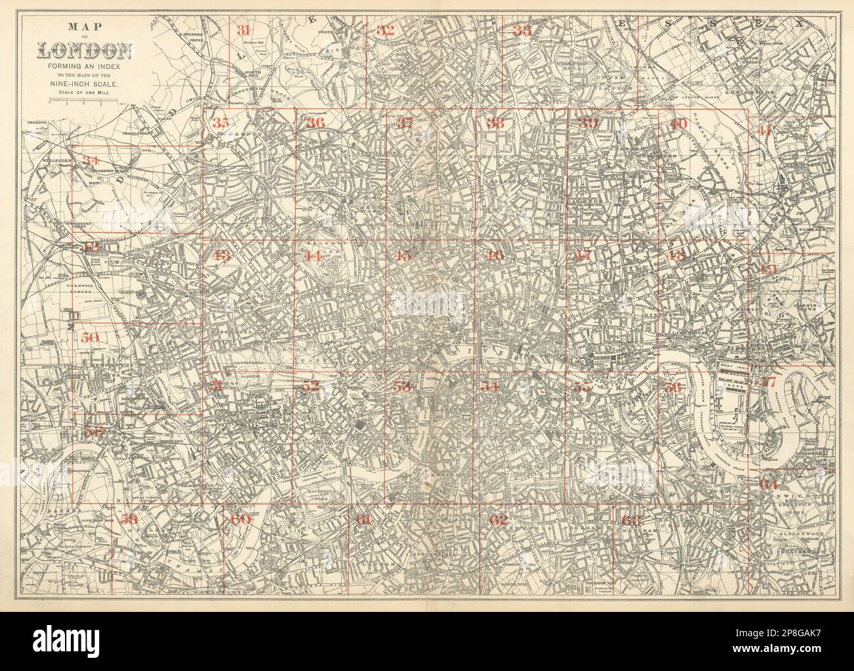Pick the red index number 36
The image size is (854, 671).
point(315,123)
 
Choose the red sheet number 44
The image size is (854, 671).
point(313,256)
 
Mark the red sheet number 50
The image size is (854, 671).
point(91,338)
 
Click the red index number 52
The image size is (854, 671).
point(311,387)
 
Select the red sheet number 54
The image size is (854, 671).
point(490,386)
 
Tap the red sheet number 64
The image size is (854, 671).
point(768,484)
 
